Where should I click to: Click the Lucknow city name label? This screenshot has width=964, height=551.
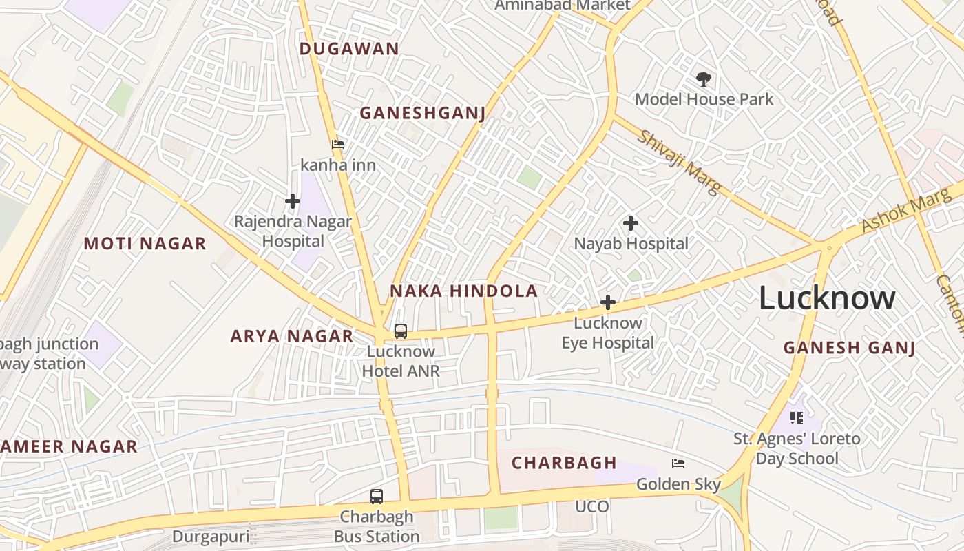coord(827,298)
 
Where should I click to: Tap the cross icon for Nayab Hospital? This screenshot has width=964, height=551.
coord(630,223)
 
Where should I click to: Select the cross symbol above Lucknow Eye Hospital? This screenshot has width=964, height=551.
coord(608,302)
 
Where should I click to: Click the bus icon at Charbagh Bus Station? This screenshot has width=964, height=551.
coord(377,496)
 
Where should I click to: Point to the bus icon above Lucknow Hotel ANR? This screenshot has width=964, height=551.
coord(401,331)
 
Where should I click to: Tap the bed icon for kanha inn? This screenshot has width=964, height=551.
coord(338,145)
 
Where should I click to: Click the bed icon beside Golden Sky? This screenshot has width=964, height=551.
coord(678,464)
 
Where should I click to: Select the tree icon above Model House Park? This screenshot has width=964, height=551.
coord(703,79)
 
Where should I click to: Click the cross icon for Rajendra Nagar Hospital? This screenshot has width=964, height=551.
coord(293,201)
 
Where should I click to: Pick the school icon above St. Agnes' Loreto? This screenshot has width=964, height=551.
coord(797,417)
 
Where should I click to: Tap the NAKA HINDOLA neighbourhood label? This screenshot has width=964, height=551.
coord(463,291)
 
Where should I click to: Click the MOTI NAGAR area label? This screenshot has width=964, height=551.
coord(145,243)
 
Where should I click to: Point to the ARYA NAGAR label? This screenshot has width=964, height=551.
coord(291,336)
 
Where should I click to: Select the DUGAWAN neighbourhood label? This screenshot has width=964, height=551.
coord(349,48)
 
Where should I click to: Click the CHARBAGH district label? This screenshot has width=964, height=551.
coord(564,463)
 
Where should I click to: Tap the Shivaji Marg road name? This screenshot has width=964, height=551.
coord(678,161)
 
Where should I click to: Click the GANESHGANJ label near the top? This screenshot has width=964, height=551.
coord(423,113)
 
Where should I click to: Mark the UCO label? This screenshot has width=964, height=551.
coord(592,507)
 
